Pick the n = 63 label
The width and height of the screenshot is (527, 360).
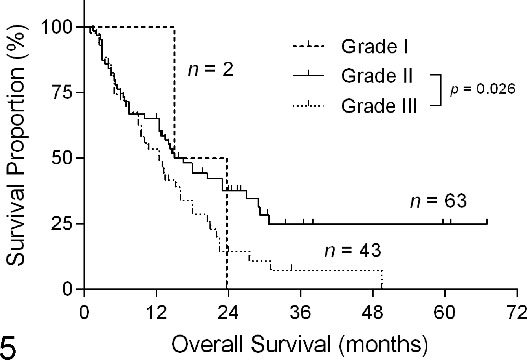[438, 201]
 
